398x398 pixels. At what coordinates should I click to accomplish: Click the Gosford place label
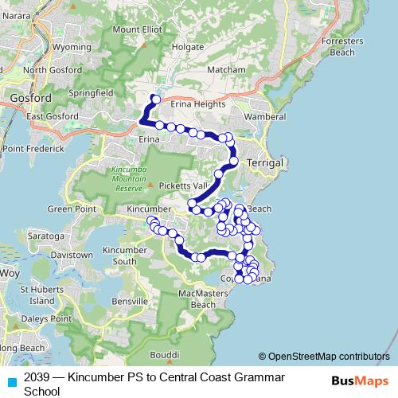coord(31,98)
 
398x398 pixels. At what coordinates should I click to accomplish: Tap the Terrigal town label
coord(266,162)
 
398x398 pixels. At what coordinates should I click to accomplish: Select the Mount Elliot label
coord(137,29)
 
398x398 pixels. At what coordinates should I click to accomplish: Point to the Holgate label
coord(187,47)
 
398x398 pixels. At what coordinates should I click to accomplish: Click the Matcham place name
coord(226,70)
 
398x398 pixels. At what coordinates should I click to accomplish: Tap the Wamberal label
coord(265,116)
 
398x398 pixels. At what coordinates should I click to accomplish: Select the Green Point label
coord(72,209)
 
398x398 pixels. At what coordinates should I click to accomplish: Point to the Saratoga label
coord(46,236)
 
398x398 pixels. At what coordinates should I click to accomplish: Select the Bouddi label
coord(165,354)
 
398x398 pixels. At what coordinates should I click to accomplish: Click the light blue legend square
coord(12,381)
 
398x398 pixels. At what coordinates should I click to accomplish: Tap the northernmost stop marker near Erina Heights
coord(156,99)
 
